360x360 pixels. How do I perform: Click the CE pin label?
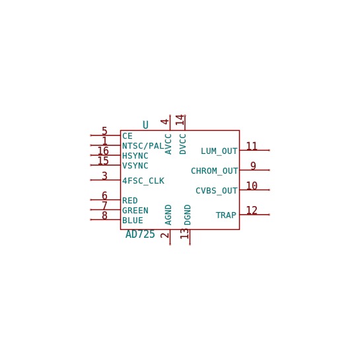(127, 136)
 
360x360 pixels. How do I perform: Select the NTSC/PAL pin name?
(143, 146)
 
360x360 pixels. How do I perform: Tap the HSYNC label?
(135, 156)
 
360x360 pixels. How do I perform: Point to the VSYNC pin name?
(135, 166)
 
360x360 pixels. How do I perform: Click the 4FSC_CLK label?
(143, 181)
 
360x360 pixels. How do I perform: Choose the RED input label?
(130, 201)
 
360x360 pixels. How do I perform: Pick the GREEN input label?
(135, 211)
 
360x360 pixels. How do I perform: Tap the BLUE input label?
(133, 221)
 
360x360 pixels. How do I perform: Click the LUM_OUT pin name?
(219, 151)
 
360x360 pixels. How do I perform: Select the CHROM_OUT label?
(214, 171)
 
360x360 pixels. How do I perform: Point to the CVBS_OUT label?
(217, 190)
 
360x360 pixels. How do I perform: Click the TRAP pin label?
(226, 215)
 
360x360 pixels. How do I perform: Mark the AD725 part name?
(140, 234)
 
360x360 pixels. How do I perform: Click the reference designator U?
(145, 125)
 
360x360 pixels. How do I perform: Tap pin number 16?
(103, 151)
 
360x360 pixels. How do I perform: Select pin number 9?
(253, 166)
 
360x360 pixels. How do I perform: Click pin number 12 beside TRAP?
(252, 210)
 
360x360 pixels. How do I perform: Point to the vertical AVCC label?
(168, 144)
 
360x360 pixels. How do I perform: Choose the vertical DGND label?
(188, 215)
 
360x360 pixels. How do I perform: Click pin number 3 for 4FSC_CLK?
(104, 176)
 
